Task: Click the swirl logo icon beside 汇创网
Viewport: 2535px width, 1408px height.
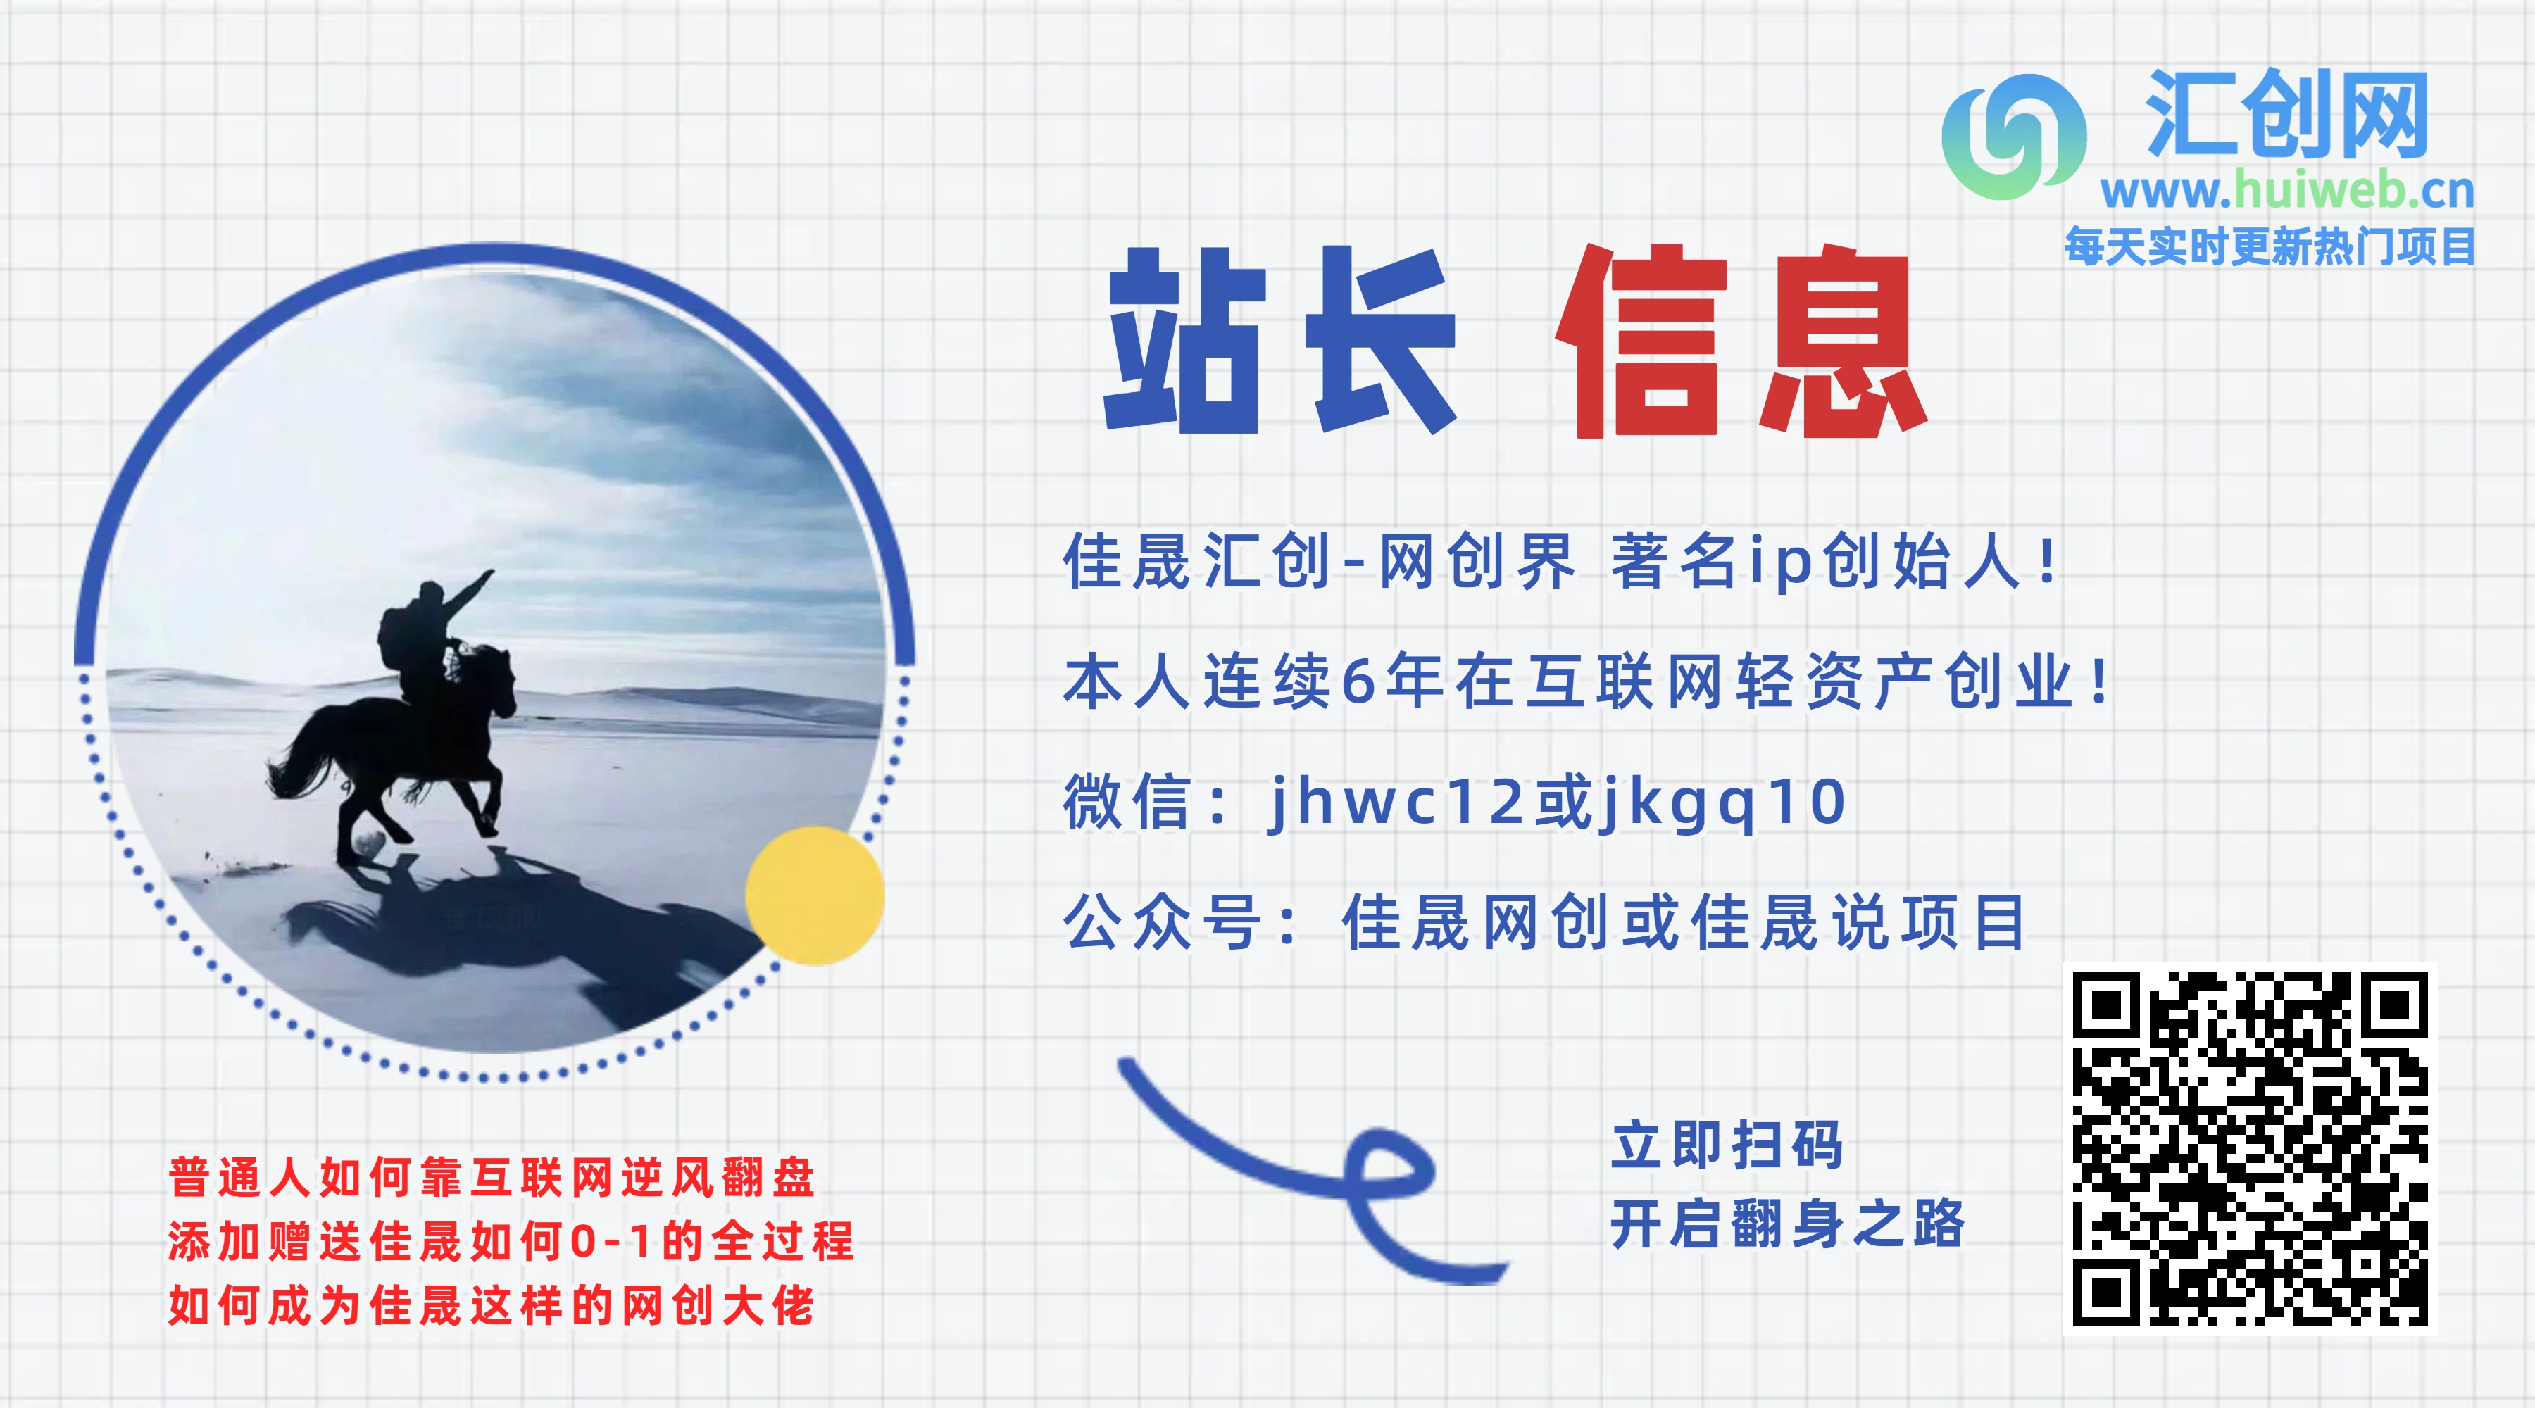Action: (2013, 137)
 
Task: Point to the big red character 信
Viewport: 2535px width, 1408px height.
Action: (1641, 341)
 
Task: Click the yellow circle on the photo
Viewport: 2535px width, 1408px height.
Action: (815, 895)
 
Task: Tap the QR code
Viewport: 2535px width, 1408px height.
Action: (2250, 1148)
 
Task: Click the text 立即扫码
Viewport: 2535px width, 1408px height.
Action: (1727, 1145)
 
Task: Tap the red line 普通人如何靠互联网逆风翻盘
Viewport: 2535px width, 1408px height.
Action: (491, 1177)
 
